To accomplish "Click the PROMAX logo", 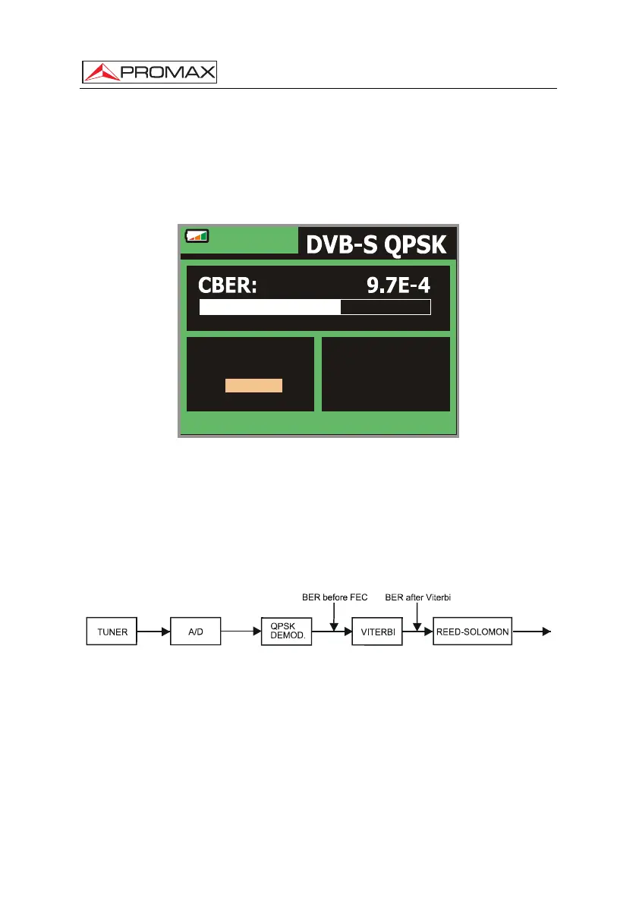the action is coord(150,72).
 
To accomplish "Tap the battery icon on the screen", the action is coord(197,236).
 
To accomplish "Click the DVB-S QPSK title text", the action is coord(376,244).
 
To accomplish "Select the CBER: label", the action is coord(228,285).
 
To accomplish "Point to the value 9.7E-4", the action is coord(398,285).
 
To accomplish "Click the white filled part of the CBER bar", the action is coord(270,307).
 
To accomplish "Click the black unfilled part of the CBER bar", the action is coord(386,307).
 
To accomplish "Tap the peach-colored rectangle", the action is coord(253,385).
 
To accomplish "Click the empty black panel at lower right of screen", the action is coord(386,374).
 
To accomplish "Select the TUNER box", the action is coord(112,632).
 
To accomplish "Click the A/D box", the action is coord(196,632).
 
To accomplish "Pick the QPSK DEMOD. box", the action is coord(286,632).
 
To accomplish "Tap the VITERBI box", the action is coord(377,632).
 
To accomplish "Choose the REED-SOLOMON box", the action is coord(473,632).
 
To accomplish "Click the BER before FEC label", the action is coord(335,597).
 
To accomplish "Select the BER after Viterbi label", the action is coord(417,597).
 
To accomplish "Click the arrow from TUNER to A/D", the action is coord(154,632).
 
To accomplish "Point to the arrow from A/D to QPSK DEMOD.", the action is coord(241,632).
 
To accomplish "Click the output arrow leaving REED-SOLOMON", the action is coord(532,632).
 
